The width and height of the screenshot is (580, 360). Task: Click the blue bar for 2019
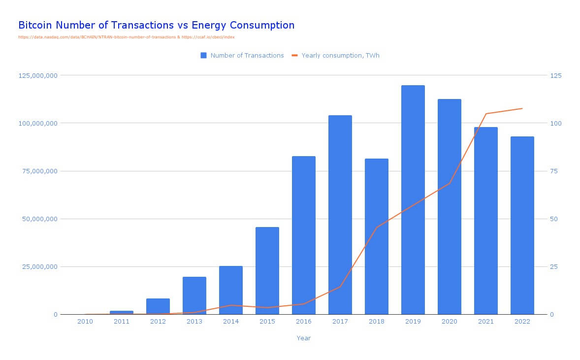[413, 199]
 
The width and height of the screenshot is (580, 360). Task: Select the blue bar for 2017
[340, 215]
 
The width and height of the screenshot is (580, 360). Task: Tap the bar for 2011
[121, 312]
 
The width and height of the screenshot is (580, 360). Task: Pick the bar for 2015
[267, 270]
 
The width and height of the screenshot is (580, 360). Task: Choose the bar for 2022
[522, 225]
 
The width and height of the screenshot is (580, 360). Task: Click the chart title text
[156, 25]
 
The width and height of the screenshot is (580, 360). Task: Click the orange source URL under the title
[126, 37]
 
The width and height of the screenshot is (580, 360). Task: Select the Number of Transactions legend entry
[242, 56]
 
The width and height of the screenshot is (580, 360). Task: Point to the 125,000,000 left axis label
[38, 75]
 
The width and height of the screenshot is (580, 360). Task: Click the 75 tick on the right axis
[556, 171]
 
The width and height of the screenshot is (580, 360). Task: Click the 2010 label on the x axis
[85, 322]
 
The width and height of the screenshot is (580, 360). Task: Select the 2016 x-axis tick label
[303, 322]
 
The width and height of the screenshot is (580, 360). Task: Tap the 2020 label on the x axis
[449, 322]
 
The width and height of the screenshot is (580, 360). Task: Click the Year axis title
[303, 338]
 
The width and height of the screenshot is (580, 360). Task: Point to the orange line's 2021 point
[485, 114]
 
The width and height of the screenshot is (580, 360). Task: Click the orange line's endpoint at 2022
[522, 108]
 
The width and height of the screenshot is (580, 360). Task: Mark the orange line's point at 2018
[376, 228]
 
